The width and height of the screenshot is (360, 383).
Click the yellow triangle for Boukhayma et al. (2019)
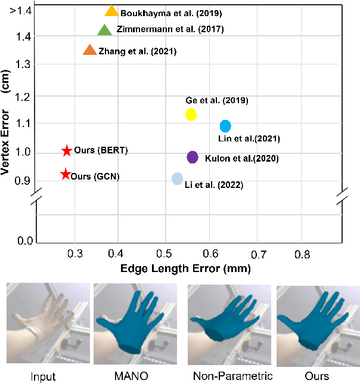click(x=111, y=11)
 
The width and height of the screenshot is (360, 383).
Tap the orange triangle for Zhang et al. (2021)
click(x=89, y=51)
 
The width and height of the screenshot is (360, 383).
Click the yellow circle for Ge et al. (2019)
click(x=191, y=115)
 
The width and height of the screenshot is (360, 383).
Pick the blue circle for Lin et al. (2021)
click(x=225, y=126)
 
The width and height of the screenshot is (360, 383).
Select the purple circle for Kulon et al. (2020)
click(x=192, y=157)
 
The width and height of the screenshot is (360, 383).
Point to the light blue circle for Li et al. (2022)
click(x=177, y=178)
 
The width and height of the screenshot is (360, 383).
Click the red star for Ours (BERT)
click(x=67, y=151)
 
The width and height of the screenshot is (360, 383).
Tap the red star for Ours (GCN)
click(x=65, y=174)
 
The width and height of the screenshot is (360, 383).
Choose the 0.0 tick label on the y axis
click(x=24, y=240)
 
